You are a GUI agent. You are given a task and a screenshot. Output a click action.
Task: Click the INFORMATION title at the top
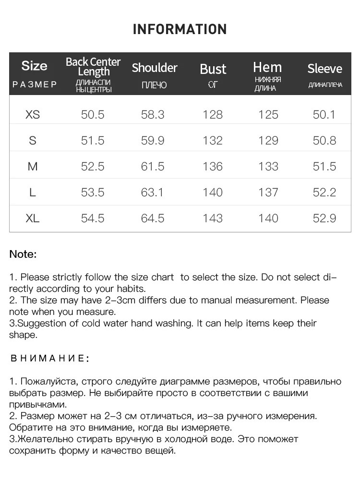(x=180, y=29)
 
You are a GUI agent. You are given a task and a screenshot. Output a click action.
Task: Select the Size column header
(x=35, y=66)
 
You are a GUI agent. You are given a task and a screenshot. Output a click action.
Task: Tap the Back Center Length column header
(x=93, y=67)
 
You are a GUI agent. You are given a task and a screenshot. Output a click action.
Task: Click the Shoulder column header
(x=155, y=68)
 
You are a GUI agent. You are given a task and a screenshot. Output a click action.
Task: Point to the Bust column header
(x=213, y=69)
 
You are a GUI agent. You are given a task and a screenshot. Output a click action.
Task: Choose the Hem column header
(x=267, y=67)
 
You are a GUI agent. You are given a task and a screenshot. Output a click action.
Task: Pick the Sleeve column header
(x=324, y=69)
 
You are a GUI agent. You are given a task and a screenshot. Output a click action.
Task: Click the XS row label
(x=33, y=115)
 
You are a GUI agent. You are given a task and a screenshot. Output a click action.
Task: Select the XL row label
(x=33, y=218)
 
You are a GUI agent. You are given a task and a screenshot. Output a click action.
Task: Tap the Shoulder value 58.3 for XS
(x=153, y=115)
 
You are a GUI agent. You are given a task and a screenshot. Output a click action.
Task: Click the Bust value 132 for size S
(x=213, y=141)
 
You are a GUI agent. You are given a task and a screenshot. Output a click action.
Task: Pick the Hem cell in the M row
(x=268, y=167)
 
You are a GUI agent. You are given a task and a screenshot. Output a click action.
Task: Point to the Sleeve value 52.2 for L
(x=324, y=192)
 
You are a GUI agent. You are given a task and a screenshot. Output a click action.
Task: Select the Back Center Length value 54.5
(x=93, y=218)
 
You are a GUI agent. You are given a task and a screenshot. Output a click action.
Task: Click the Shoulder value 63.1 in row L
(x=153, y=192)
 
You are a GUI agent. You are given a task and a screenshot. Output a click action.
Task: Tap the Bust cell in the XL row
(x=213, y=218)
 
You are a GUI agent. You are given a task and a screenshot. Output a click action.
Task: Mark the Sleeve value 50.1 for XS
(x=324, y=115)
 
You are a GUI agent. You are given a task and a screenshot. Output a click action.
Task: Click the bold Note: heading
(x=23, y=254)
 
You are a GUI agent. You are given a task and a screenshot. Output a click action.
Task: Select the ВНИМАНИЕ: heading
(x=49, y=359)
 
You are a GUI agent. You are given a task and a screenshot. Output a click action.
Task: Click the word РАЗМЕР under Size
(x=35, y=85)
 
